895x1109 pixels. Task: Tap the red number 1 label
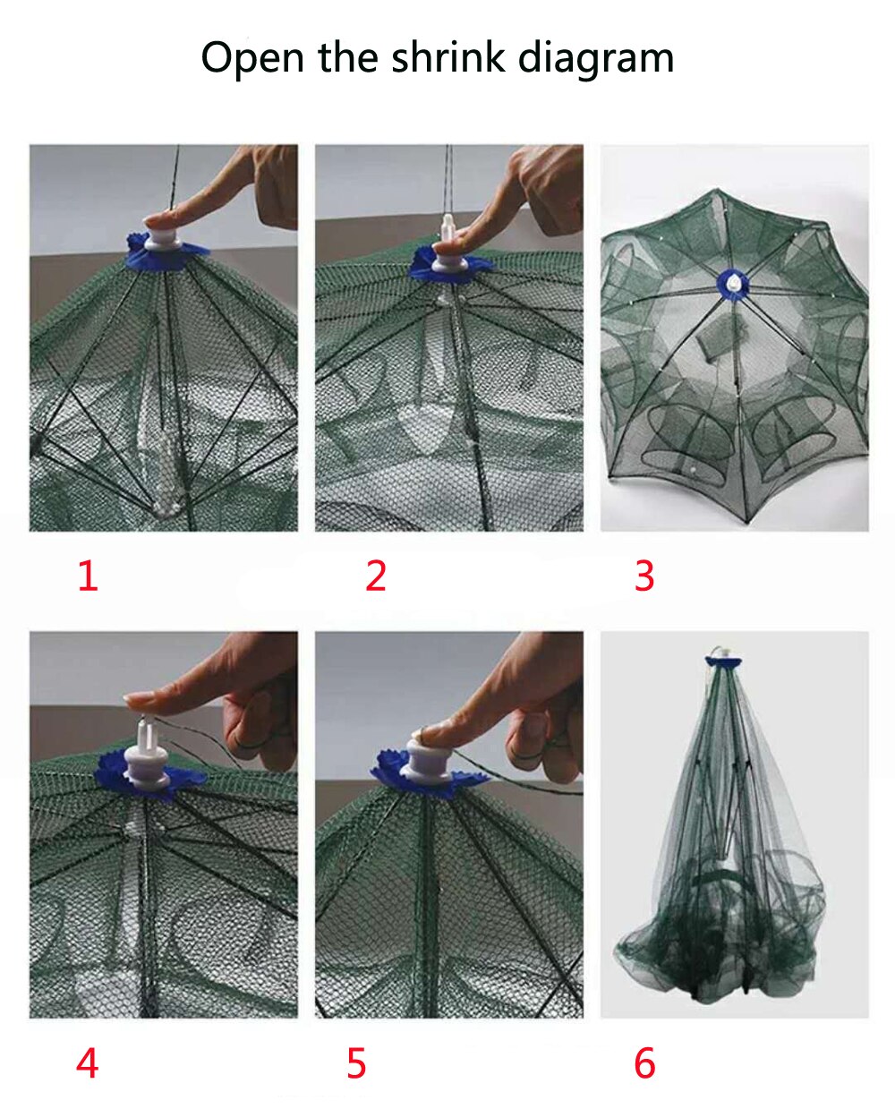click(x=87, y=576)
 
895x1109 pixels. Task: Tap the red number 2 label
click(x=375, y=576)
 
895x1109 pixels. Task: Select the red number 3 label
click(x=644, y=576)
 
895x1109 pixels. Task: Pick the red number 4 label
click(x=87, y=1063)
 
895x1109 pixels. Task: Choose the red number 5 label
click(x=356, y=1063)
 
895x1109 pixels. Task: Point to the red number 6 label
click(x=644, y=1063)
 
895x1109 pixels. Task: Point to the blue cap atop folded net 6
click(x=723, y=661)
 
